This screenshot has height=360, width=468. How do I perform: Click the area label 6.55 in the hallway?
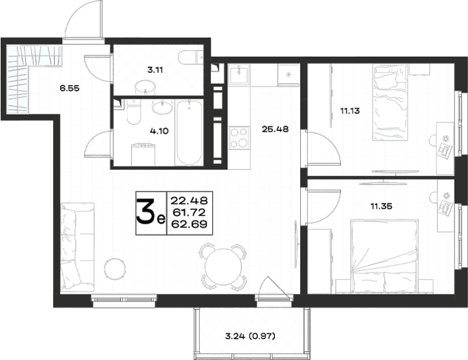70,88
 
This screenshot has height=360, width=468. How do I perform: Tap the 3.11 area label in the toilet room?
155,70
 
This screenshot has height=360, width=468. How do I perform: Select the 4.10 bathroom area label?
160,131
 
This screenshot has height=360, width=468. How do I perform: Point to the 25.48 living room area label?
275,130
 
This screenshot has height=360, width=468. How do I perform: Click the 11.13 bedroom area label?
350,111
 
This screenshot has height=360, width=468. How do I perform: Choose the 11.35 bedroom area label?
381,206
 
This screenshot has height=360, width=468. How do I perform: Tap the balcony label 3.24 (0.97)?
250,336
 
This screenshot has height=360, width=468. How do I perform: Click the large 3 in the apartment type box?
146,212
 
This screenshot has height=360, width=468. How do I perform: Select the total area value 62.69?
189,224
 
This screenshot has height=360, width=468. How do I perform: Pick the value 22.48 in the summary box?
189,200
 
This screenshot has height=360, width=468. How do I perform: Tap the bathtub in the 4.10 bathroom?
188,133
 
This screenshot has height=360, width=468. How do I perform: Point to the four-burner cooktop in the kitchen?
239,137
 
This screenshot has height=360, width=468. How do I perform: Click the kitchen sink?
239,74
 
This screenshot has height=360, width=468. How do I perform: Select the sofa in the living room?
77,247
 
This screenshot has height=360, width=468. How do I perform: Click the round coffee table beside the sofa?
115,269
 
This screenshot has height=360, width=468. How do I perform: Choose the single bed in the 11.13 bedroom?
390,103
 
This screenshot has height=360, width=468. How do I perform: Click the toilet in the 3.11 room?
191,57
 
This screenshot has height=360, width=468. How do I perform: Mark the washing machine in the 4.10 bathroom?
144,155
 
